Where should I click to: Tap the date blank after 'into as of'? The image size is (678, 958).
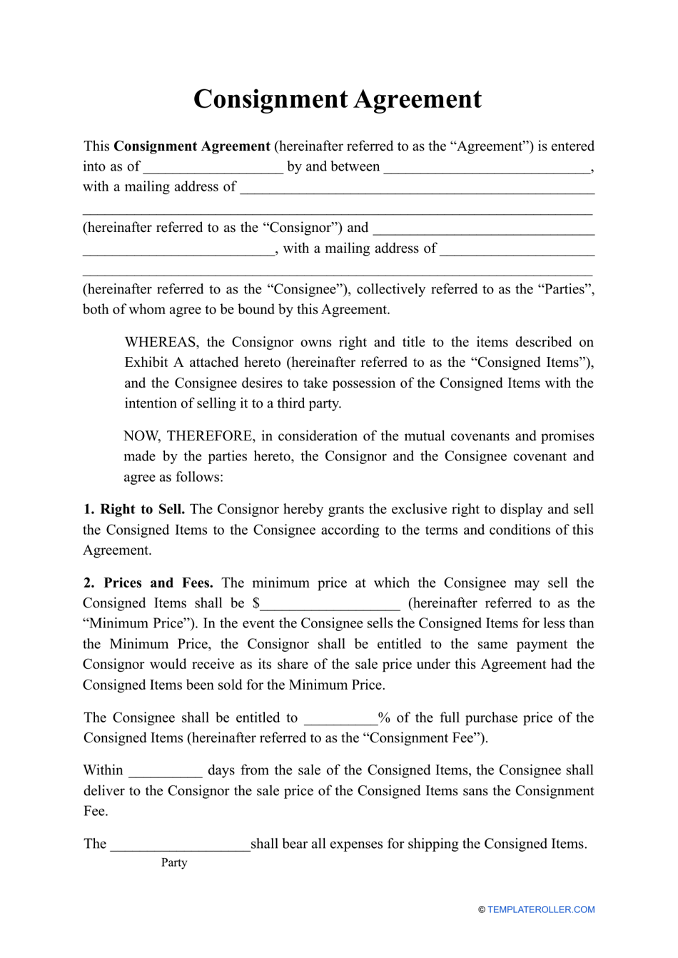[213, 168]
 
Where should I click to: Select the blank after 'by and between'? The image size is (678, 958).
[487, 168]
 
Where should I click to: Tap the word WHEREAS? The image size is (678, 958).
[161, 342]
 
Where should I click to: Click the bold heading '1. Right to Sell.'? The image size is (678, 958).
[134, 510]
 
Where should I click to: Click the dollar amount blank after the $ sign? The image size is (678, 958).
[330, 605]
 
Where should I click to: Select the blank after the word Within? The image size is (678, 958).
[165, 772]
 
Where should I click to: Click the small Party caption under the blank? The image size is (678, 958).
[174, 862]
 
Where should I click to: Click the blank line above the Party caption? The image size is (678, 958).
[180, 845]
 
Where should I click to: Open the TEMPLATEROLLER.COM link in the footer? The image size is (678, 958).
[540, 909]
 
